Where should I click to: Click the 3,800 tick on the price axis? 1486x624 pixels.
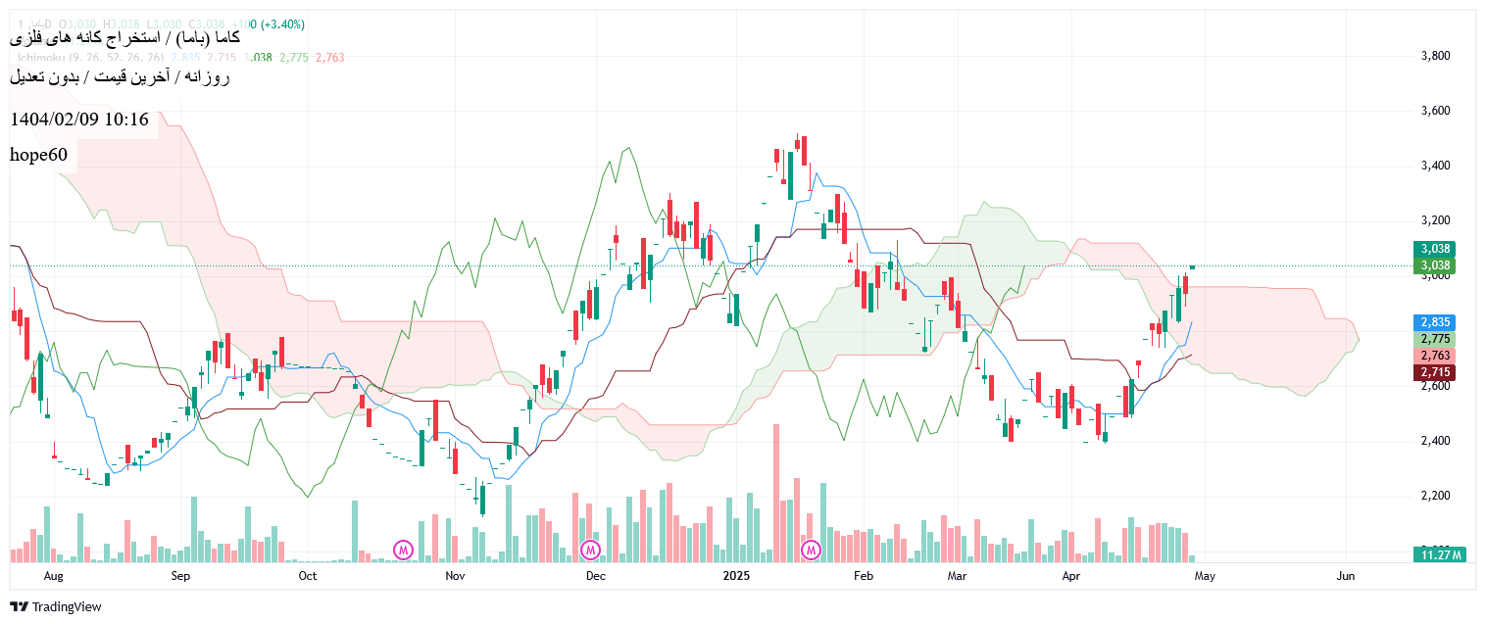pyautogui.click(x=1435, y=56)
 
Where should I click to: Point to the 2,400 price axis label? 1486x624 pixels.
pyautogui.click(x=1435, y=441)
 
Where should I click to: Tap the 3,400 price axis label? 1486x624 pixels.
pyautogui.click(x=1435, y=166)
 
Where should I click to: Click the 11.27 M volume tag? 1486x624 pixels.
pyautogui.click(x=1439, y=555)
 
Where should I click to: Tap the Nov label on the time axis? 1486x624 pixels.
pyautogui.click(x=455, y=576)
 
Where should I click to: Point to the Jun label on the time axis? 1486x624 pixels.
pyautogui.click(x=1346, y=576)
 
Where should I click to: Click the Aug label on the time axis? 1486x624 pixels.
pyautogui.click(x=54, y=576)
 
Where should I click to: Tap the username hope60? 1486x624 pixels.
pyautogui.click(x=39, y=155)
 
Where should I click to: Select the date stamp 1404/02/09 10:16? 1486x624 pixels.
pyautogui.click(x=79, y=120)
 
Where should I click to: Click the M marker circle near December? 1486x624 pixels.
pyautogui.click(x=590, y=550)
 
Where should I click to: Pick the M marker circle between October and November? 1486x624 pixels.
pyautogui.click(x=403, y=550)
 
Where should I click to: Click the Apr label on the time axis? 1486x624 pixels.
pyautogui.click(x=1072, y=576)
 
